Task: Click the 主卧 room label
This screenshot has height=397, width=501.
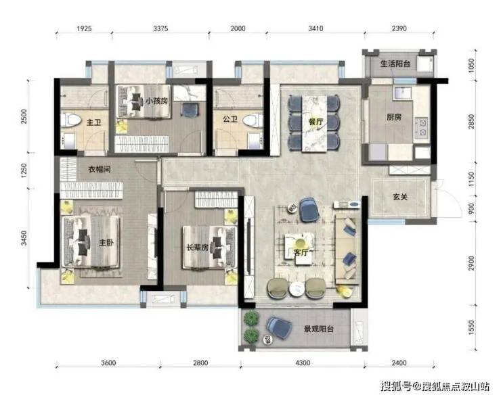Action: tap(106, 243)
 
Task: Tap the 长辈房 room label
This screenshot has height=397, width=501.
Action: tap(198, 247)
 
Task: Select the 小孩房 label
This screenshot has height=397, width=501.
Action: tap(156, 101)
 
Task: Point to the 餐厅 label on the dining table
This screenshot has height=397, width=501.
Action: tap(315, 122)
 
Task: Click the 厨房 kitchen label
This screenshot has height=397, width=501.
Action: tap(393, 117)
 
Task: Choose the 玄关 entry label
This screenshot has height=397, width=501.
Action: tap(400, 197)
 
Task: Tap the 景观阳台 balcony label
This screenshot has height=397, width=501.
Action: tap(319, 329)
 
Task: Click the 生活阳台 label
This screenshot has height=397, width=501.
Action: tap(395, 64)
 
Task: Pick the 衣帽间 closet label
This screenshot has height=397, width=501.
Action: tap(100, 169)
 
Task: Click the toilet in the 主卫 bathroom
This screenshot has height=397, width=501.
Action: tap(70, 120)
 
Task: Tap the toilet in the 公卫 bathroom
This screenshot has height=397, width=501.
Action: tap(253, 120)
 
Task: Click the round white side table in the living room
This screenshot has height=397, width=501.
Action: tap(297, 289)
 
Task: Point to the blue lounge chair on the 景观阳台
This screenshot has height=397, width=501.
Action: tap(279, 327)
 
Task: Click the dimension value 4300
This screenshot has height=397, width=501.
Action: tap(303, 363)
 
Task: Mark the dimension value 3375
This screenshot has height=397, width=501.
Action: tap(160, 28)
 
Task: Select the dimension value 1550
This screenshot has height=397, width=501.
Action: tap(472, 328)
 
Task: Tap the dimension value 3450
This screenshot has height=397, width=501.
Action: tap(24, 238)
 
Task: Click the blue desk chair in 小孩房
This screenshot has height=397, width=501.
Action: tap(190, 110)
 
